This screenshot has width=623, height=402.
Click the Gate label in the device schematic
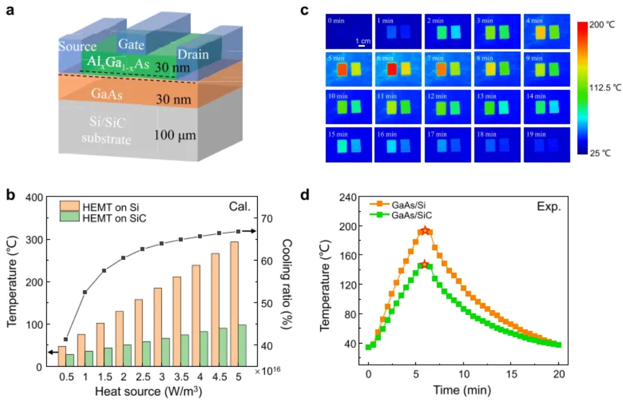pos(132,44)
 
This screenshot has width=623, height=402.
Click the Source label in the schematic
pos(77,47)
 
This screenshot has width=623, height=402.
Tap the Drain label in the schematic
pos(193,54)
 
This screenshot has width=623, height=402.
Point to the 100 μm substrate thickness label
pos(175,136)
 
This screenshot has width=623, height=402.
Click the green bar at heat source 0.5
pos(70,360)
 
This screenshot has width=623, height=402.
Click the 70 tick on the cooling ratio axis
pos(269,218)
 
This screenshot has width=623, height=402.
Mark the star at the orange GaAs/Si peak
pos(426,231)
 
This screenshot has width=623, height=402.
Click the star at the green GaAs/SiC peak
pos(425,264)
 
